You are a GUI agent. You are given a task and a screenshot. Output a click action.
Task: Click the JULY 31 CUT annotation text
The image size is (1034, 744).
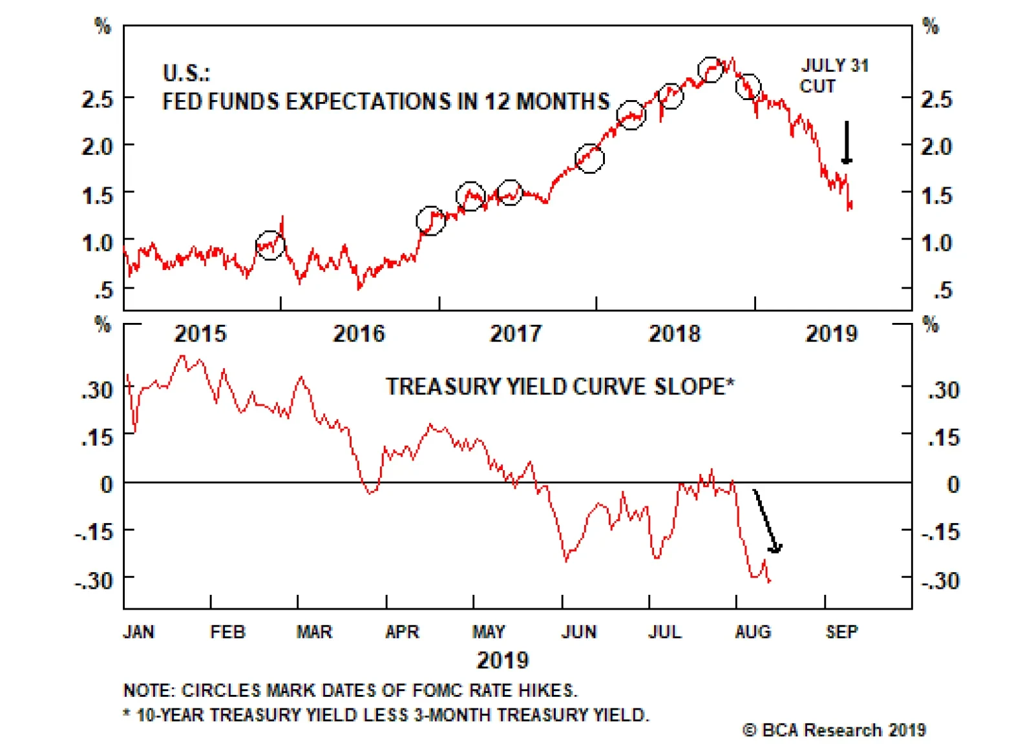point(834,76)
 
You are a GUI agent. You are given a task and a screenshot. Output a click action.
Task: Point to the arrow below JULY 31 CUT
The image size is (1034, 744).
point(846,142)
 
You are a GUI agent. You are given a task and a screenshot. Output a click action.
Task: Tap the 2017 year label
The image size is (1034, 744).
point(515,333)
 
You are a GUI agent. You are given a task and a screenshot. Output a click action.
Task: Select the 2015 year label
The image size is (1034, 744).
point(200,333)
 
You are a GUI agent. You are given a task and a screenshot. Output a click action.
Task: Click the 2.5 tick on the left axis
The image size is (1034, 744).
point(97,99)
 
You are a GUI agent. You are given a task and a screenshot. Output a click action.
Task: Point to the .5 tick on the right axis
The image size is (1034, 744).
point(942,290)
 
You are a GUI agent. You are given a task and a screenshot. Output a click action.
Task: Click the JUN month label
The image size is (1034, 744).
point(578,631)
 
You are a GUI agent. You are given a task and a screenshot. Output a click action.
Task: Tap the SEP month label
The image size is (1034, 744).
point(841,631)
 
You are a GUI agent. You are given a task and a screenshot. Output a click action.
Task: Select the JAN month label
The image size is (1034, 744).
point(138,631)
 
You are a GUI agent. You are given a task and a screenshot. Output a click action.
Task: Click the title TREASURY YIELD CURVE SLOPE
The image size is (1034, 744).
point(560,386)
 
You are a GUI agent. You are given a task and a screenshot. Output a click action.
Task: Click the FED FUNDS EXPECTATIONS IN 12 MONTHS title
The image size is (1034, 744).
point(386,101)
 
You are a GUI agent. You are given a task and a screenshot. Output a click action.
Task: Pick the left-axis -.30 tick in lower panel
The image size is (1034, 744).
point(94,580)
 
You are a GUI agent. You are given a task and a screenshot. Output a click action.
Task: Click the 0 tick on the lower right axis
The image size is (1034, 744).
point(953,484)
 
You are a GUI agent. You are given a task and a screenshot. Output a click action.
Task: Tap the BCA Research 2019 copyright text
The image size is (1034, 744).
point(834,730)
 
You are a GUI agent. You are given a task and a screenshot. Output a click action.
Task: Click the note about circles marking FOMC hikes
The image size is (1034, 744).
point(350,690)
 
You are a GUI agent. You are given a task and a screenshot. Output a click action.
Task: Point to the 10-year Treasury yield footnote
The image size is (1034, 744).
point(386,715)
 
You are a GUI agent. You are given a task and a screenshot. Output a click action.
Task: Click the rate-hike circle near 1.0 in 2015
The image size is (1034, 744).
point(270,245)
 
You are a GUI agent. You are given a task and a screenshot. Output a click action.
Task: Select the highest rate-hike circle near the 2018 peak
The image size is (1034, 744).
point(710,69)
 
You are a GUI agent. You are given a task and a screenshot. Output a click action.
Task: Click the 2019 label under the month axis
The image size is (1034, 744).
point(502,660)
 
